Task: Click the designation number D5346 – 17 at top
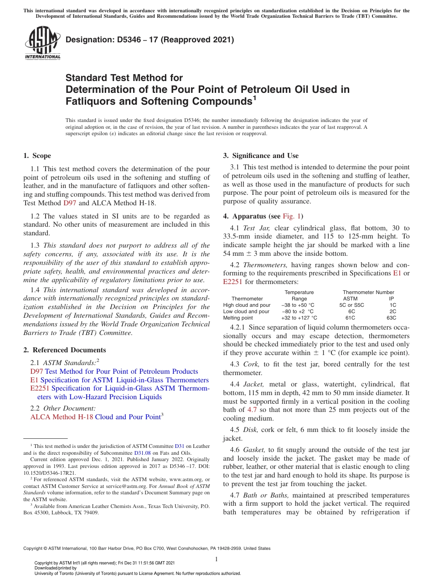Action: point(149,40)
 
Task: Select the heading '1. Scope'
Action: point(37,156)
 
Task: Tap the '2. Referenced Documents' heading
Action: point(65,350)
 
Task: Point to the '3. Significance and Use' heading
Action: point(261,156)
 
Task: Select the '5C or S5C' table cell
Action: point(351,305)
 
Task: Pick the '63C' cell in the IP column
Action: point(391,318)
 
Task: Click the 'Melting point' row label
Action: point(238,318)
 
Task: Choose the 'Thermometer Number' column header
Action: point(368,292)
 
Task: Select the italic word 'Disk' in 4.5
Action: point(251,430)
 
